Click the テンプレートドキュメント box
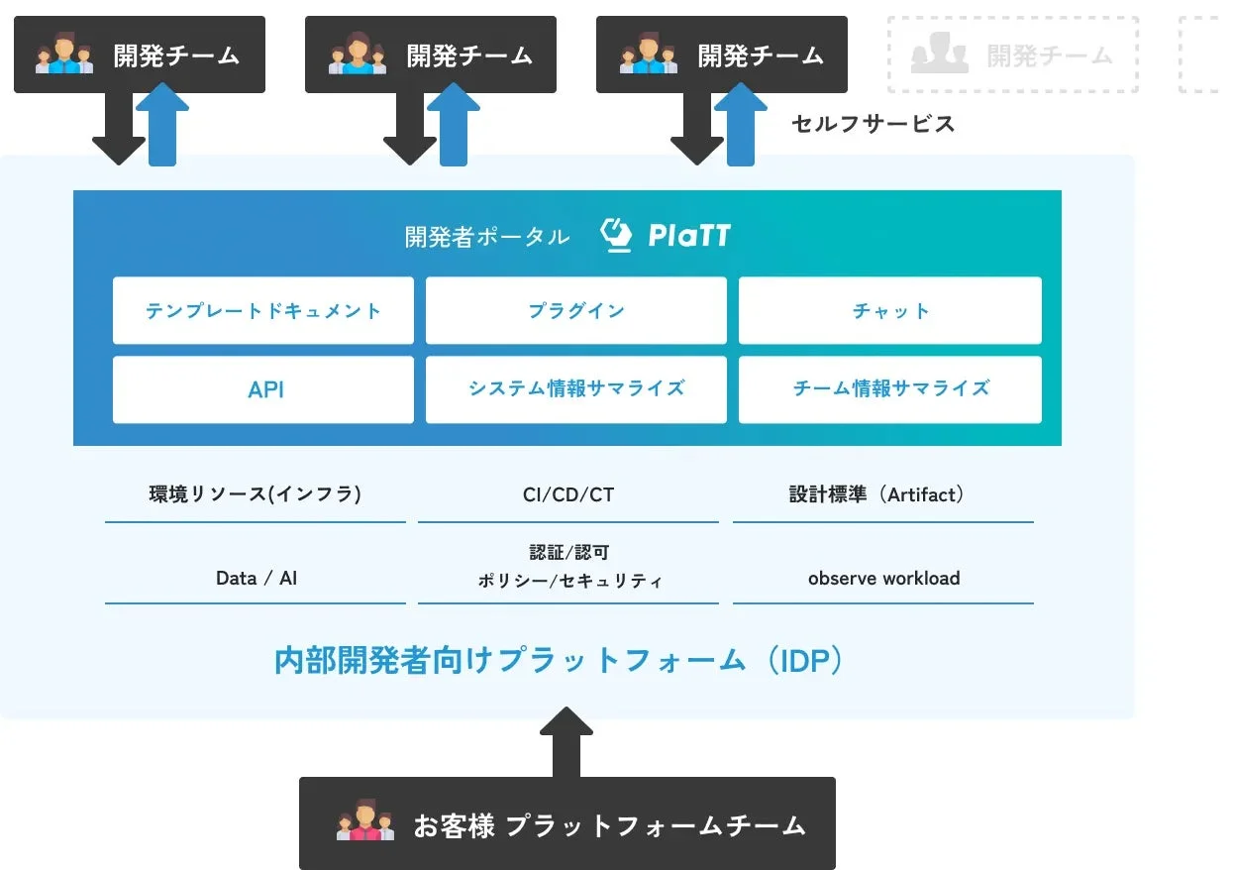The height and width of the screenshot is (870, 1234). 263,310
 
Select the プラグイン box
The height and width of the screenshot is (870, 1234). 575,310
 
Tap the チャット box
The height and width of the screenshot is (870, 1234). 889,310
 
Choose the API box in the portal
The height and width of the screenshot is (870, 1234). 263,389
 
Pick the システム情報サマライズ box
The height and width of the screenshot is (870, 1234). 575,388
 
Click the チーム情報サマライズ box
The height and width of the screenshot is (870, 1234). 889,388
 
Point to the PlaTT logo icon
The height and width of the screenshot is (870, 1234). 616,236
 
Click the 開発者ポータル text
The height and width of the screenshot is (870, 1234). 486,237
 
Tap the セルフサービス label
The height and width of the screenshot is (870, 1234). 873,124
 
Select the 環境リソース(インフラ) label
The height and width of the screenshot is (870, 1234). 255,493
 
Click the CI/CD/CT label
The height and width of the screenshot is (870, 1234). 567,493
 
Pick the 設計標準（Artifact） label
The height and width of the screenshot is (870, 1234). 882,493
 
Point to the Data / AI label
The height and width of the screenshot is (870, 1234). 256,578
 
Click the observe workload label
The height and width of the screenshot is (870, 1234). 883,578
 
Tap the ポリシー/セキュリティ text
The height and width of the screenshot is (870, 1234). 568,581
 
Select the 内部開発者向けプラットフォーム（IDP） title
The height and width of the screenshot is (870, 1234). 561,661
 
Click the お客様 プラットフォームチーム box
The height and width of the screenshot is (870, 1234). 566,823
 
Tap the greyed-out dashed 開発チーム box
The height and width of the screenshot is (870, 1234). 1012,55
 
